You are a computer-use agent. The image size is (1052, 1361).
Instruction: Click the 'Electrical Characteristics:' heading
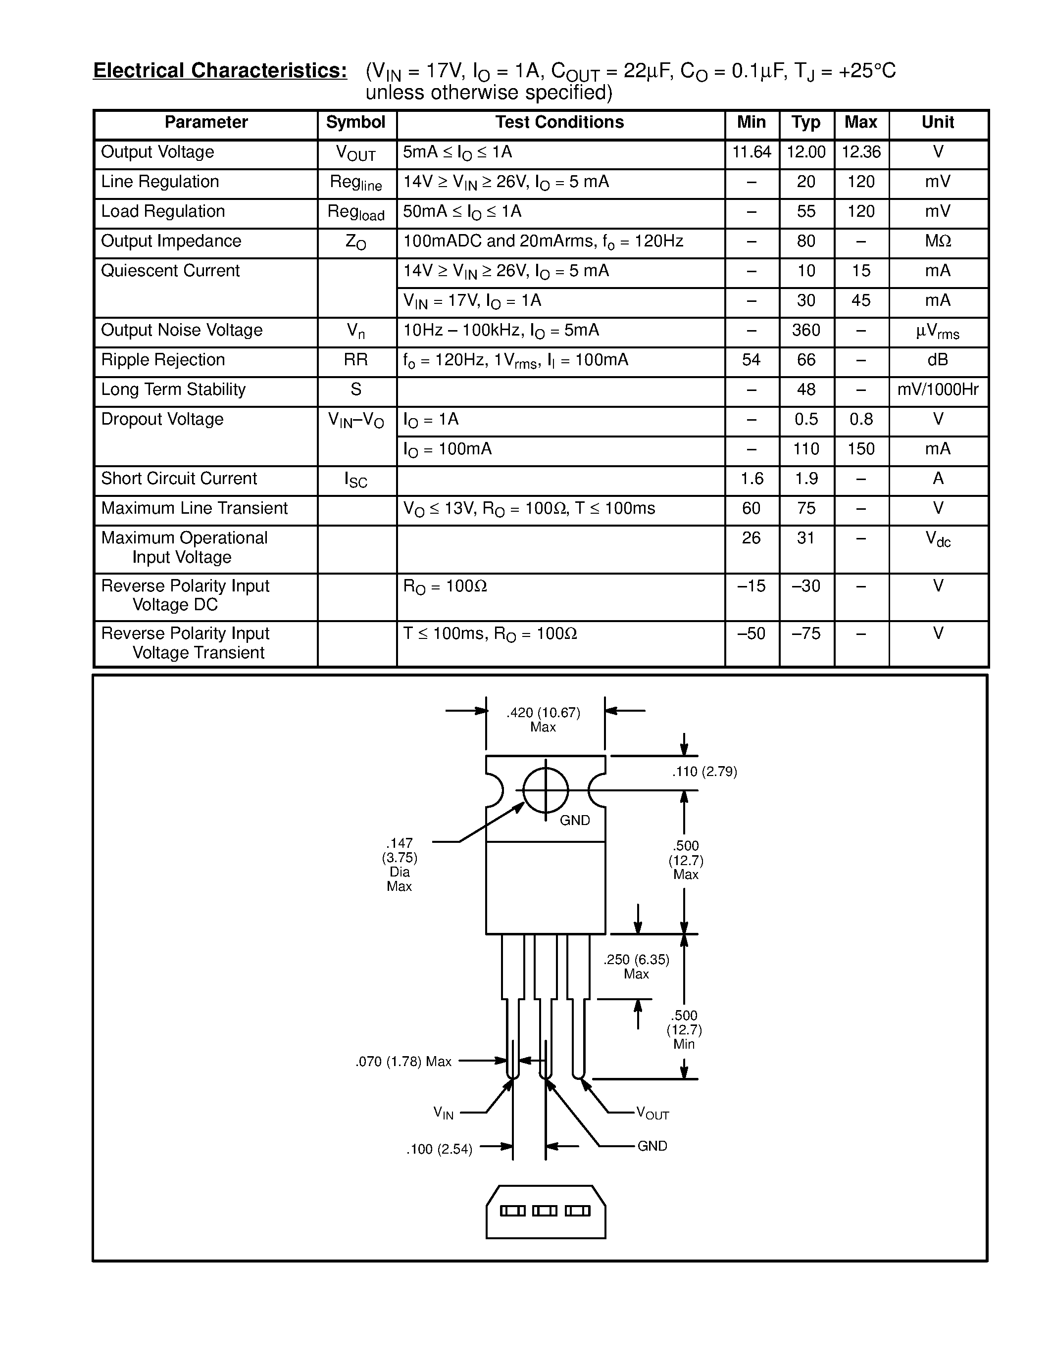[220, 70]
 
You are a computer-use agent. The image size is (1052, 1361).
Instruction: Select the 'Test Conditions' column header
[559, 122]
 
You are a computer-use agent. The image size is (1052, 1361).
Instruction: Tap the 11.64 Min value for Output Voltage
[751, 152]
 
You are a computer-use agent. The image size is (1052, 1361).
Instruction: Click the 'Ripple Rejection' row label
[163, 360]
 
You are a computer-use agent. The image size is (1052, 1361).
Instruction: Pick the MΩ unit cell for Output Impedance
[938, 241]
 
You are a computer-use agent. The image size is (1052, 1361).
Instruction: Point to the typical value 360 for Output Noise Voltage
[806, 330]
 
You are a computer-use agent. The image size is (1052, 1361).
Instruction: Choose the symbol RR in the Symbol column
[356, 360]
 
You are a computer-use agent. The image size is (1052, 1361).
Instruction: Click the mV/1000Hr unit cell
[938, 389]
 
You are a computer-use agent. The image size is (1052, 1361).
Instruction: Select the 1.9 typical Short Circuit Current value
[806, 479]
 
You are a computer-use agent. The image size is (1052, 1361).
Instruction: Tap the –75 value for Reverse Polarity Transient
[806, 634]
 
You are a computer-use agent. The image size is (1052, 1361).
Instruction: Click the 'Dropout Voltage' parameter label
[162, 419]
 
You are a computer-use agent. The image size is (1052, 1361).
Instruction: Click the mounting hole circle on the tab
[546, 790]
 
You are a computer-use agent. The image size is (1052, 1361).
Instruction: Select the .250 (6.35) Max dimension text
[636, 967]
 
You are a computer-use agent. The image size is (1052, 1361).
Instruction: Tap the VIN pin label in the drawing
[444, 1113]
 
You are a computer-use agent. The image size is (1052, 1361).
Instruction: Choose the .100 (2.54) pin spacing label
[440, 1149]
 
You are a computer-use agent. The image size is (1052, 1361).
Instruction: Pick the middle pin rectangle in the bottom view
[545, 1211]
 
